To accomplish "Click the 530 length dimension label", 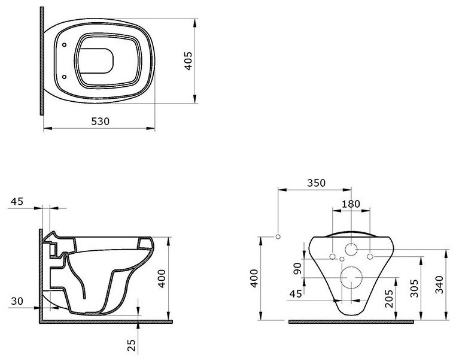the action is [101, 121].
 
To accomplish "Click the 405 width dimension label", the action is [189, 61].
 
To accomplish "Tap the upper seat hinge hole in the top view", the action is [64, 45].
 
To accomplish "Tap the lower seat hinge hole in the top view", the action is [64, 77].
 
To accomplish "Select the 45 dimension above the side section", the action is [17, 201].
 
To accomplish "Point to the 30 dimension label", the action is [17, 301].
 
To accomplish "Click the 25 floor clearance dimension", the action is [132, 345].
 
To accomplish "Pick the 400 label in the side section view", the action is [162, 278].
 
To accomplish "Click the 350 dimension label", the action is [316, 183].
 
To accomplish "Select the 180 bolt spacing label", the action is [351, 204].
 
